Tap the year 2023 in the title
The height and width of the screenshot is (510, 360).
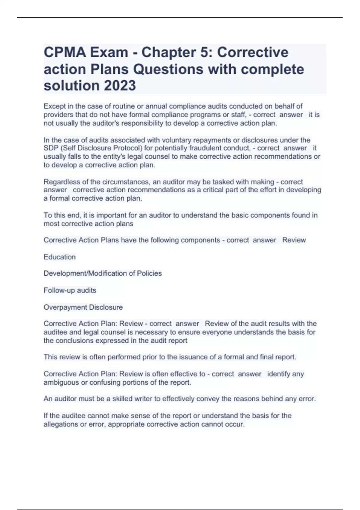(x=120, y=85)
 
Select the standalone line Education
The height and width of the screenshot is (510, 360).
(x=60, y=257)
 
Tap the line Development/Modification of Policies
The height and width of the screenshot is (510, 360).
(x=103, y=274)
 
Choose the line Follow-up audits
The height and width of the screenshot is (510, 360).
(x=70, y=290)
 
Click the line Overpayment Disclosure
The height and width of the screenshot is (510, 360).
(x=83, y=307)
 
